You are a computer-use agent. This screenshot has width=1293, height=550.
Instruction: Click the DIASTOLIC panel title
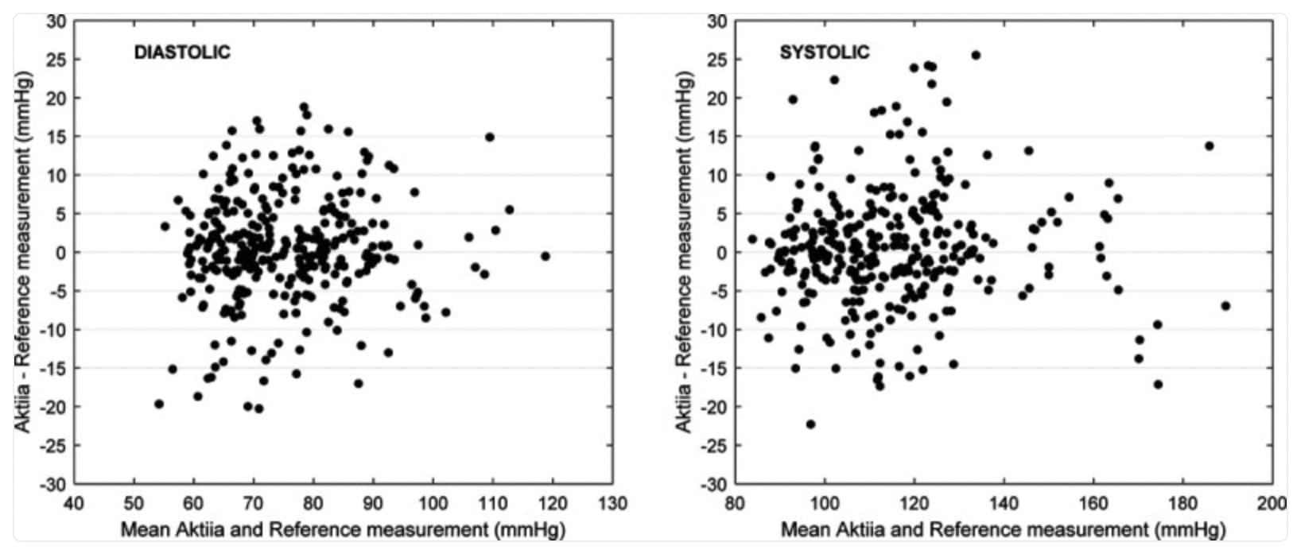(x=182, y=53)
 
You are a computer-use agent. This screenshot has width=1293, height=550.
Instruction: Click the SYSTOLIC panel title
(x=825, y=53)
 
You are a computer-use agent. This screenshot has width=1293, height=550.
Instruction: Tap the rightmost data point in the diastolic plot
(x=545, y=256)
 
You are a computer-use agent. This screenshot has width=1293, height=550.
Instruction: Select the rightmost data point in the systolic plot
(x=1225, y=306)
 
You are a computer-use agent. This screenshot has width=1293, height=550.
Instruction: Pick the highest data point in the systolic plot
(x=976, y=56)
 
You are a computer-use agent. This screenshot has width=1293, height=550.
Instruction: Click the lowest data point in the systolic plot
(x=810, y=424)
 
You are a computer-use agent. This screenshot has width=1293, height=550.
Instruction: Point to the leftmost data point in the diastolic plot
(x=159, y=404)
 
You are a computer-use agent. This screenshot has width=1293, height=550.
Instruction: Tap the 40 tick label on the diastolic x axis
(x=74, y=504)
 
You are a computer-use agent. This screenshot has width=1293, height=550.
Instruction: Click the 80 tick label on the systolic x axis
(x=736, y=504)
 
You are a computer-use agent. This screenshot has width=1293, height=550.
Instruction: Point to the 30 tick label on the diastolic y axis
(x=56, y=21)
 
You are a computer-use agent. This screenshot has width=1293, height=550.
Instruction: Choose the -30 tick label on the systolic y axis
(x=713, y=484)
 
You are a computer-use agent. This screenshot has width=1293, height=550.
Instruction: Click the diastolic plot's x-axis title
(x=343, y=529)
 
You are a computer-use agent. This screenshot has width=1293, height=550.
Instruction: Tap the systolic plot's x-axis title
(x=1004, y=529)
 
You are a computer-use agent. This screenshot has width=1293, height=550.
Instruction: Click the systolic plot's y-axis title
(x=684, y=252)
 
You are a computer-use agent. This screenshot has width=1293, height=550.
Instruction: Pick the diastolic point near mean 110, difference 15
(x=490, y=137)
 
